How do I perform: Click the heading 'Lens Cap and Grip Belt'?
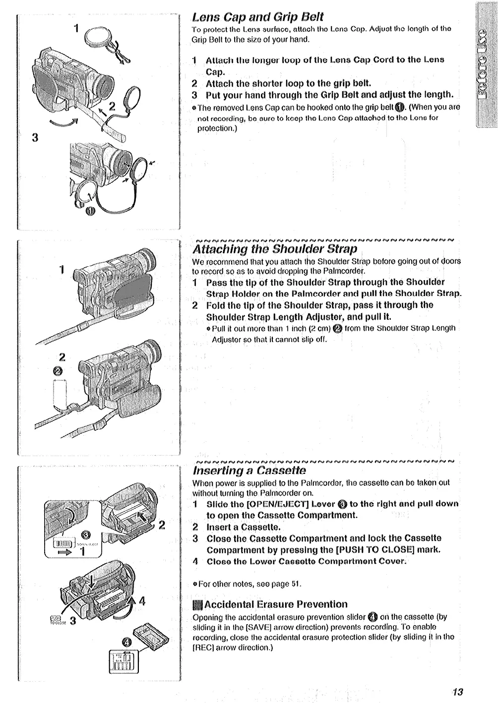click(258, 17)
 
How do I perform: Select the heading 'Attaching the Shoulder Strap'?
click(275, 249)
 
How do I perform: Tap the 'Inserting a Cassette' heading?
click(249, 470)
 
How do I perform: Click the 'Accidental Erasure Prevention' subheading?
click(276, 604)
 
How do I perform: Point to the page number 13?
click(457, 692)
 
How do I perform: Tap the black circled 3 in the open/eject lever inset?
click(85, 534)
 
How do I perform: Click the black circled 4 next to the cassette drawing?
click(126, 643)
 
